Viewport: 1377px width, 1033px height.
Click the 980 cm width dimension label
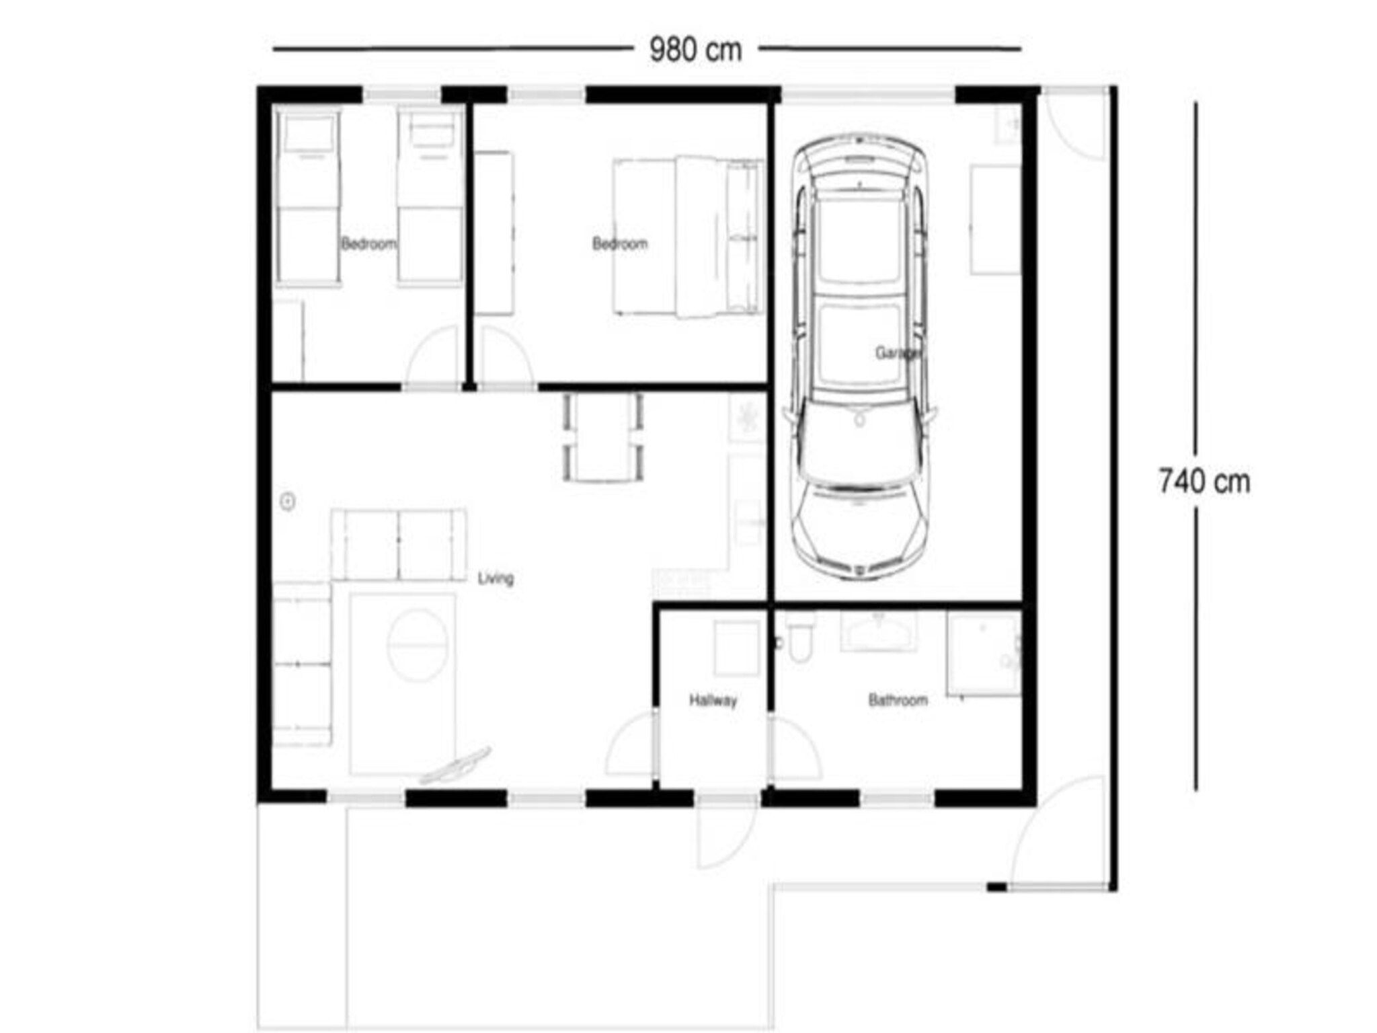(695, 50)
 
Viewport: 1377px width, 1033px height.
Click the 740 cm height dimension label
(1204, 482)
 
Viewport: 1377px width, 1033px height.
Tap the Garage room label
(898, 352)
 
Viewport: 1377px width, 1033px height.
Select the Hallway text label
(713, 701)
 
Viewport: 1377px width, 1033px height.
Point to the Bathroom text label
(898, 701)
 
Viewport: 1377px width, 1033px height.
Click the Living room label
(496, 578)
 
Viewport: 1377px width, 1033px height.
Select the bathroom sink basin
(877, 632)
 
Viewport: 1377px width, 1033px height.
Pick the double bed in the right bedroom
(687, 237)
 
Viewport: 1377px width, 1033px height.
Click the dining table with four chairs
(602, 437)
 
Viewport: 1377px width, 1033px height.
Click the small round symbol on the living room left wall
(288, 502)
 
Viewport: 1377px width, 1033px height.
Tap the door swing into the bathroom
(793, 750)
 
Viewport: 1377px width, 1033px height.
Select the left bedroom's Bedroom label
(368, 243)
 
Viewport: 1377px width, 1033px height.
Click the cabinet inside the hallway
(736, 648)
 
